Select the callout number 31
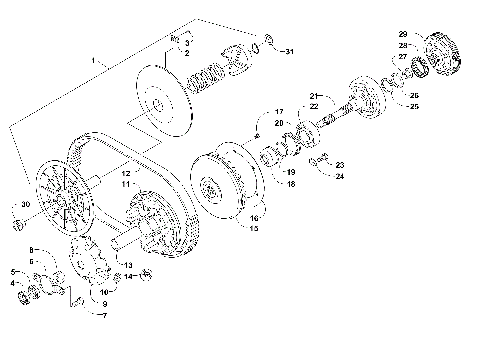[289, 50]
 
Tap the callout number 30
[28, 205]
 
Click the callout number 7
[100, 314]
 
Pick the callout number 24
[340, 176]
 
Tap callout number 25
[414, 106]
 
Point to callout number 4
[13, 283]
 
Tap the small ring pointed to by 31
[267, 45]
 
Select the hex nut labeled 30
[15, 213]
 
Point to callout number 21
[313, 96]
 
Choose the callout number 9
[106, 303]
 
